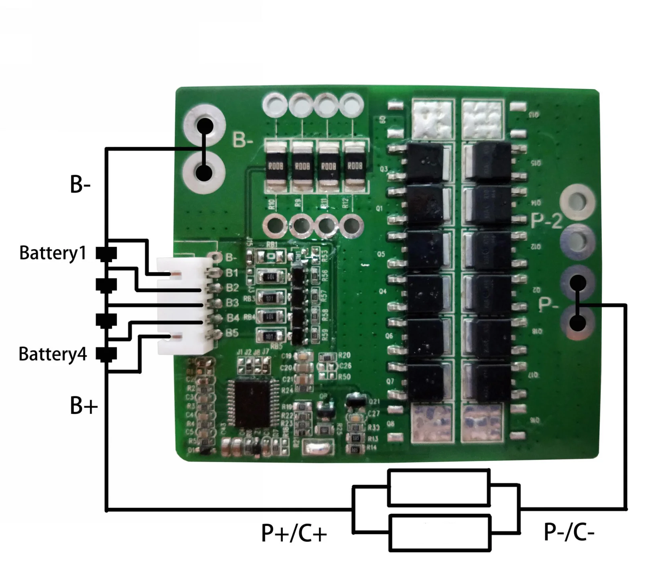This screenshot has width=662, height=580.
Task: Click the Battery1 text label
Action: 53,253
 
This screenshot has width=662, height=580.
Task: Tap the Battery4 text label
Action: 53,354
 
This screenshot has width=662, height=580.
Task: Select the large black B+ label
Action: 83,406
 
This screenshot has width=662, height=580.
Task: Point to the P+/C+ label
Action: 294,533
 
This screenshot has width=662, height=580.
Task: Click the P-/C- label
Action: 569,532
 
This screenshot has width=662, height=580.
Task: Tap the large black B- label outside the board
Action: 80,185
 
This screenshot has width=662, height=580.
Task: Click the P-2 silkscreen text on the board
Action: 547,220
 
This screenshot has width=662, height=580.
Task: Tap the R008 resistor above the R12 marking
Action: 355,166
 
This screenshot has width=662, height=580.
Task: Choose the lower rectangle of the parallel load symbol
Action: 440,532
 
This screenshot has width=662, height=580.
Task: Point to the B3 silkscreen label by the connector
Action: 232,303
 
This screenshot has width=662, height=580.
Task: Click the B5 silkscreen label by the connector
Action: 232,333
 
